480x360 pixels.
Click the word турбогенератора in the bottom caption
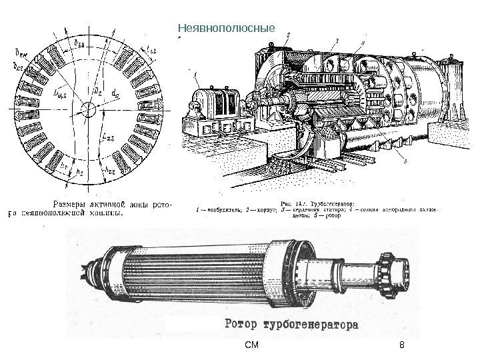[313, 326]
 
